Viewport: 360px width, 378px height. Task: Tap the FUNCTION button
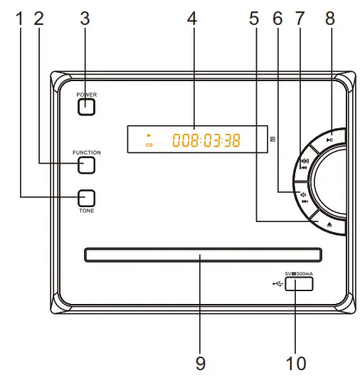point(86,165)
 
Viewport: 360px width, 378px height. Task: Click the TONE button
point(86,198)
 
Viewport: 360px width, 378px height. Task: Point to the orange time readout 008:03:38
point(206,140)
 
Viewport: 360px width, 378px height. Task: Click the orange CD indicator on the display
point(149,145)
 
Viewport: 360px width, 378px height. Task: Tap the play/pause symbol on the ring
point(329,140)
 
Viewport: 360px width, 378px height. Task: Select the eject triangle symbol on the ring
point(329,224)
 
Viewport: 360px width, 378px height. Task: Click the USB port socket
point(301,283)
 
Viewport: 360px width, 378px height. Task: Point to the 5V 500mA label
point(300,273)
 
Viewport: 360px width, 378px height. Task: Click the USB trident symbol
point(277,284)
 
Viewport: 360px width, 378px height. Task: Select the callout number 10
point(296,364)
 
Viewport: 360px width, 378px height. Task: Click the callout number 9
point(201,364)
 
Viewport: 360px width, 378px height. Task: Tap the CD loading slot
point(202,254)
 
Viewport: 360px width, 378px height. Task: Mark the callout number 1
point(19,19)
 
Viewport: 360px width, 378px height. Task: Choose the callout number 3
point(85,19)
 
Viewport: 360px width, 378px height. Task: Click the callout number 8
point(329,19)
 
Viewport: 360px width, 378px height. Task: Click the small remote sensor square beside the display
point(272,139)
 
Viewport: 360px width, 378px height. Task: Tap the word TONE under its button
point(86,211)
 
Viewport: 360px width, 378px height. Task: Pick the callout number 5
point(254,19)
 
